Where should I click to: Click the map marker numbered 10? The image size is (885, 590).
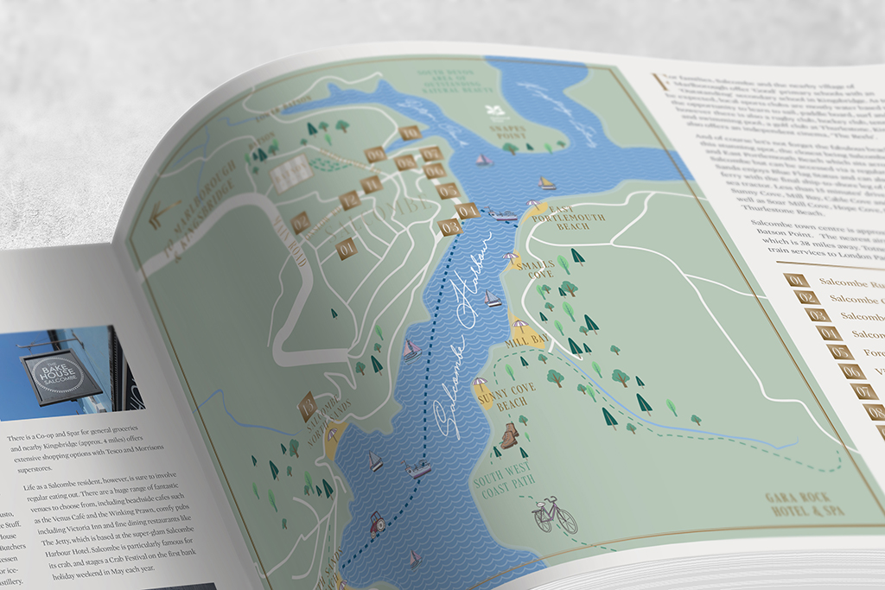tap(411, 132)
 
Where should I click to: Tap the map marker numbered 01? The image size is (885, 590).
tap(346, 249)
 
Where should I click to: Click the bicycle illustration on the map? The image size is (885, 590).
tap(554, 515)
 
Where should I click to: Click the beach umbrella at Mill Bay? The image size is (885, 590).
tap(519, 327)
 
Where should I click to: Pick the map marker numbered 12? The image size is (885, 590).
tap(349, 200)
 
